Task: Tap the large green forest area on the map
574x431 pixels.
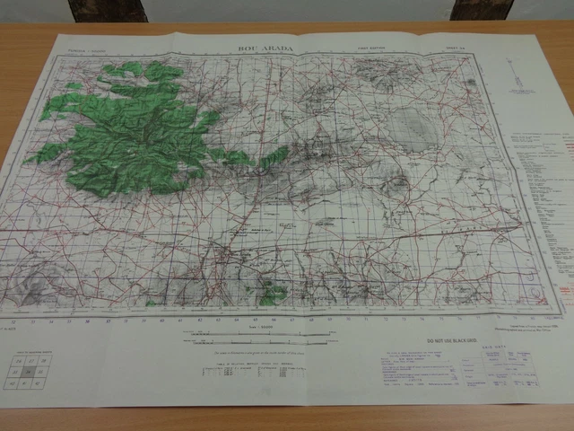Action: [135, 135]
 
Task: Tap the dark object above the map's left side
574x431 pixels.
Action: [108, 10]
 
